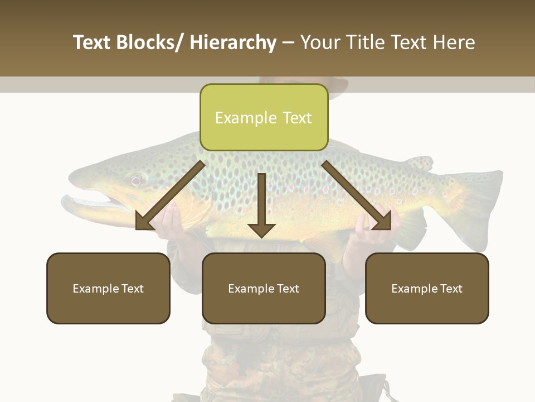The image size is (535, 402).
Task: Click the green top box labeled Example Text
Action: pos(264,118)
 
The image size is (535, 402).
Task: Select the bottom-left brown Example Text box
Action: pos(108,288)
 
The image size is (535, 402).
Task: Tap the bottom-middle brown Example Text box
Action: pos(264,288)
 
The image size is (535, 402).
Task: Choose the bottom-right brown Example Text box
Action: pos(427,288)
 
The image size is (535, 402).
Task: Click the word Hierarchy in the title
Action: pos(233,42)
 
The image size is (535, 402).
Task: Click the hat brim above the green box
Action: pos(338,89)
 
